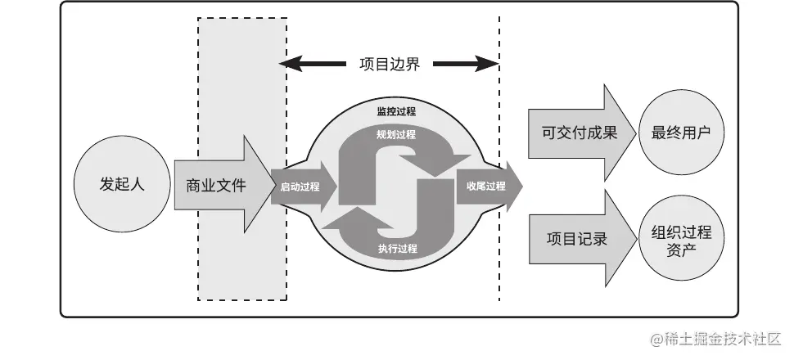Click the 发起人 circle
click(122, 185)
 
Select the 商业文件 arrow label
click(216, 186)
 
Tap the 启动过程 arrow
click(301, 187)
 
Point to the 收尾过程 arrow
click(487, 187)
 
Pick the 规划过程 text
click(396, 134)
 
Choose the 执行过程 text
click(398, 248)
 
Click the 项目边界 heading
click(390, 64)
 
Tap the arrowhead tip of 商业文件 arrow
click(274, 185)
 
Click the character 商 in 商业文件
click(193, 186)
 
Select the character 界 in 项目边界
click(413, 64)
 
